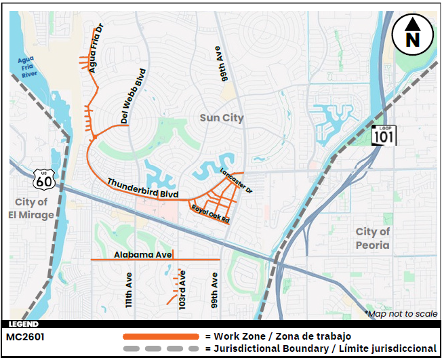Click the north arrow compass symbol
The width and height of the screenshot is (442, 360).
[x=411, y=34]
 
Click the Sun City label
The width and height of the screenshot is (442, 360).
[x=222, y=118]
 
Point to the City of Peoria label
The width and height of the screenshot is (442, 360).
[x=373, y=238]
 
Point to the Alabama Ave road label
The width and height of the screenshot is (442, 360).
[x=143, y=254]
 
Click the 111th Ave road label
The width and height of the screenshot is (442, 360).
[x=128, y=292]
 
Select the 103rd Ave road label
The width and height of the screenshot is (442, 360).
[x=182, y=293]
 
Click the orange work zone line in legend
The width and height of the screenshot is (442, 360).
[x=161, y=336]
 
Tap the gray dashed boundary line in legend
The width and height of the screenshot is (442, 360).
[x=161, y=348]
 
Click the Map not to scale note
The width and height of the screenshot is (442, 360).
[x=401, y=314]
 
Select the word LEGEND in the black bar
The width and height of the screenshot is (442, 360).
[x=24, y=325]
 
